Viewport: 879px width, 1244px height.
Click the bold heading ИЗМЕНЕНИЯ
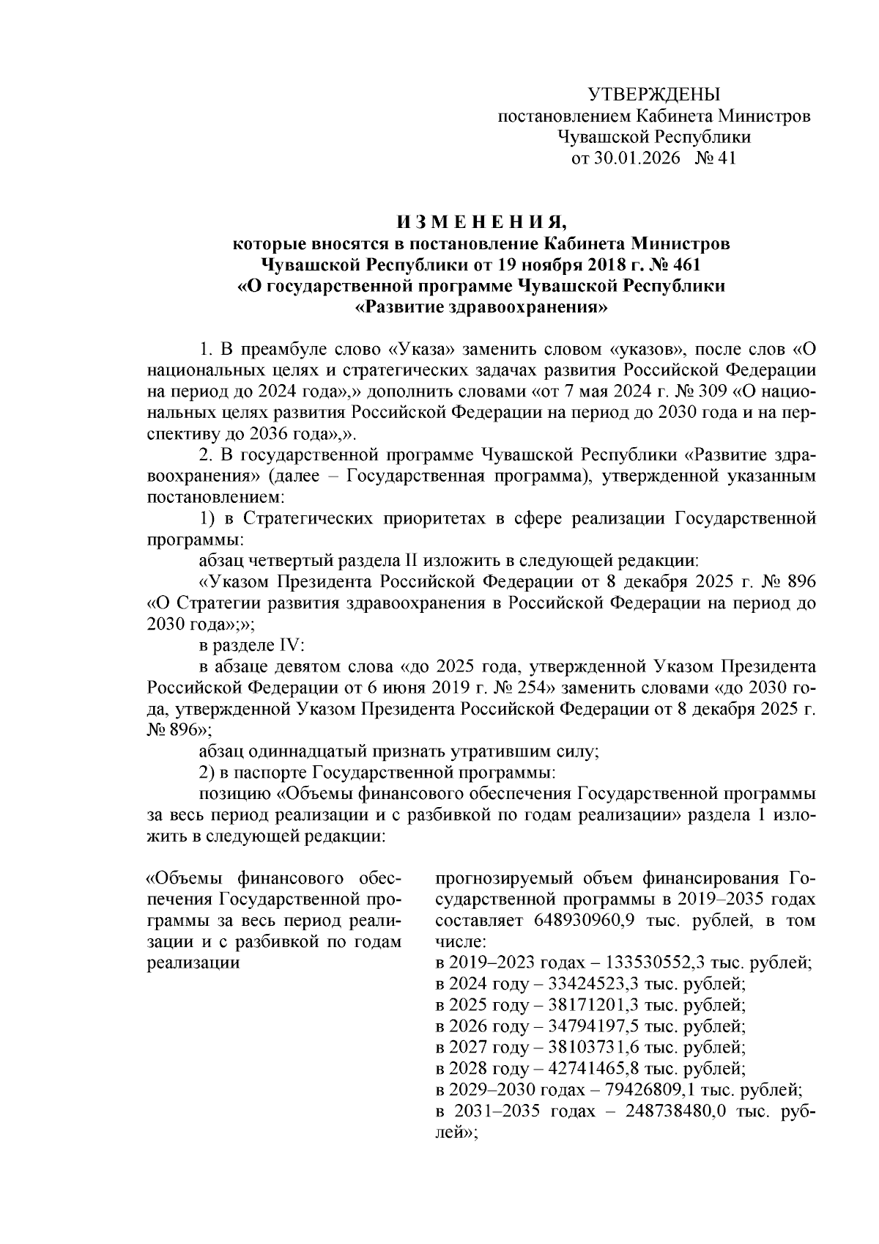coord(481,221)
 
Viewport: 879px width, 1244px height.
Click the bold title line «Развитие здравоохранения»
coord(481,307)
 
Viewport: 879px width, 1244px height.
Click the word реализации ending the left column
coord(194,963)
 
